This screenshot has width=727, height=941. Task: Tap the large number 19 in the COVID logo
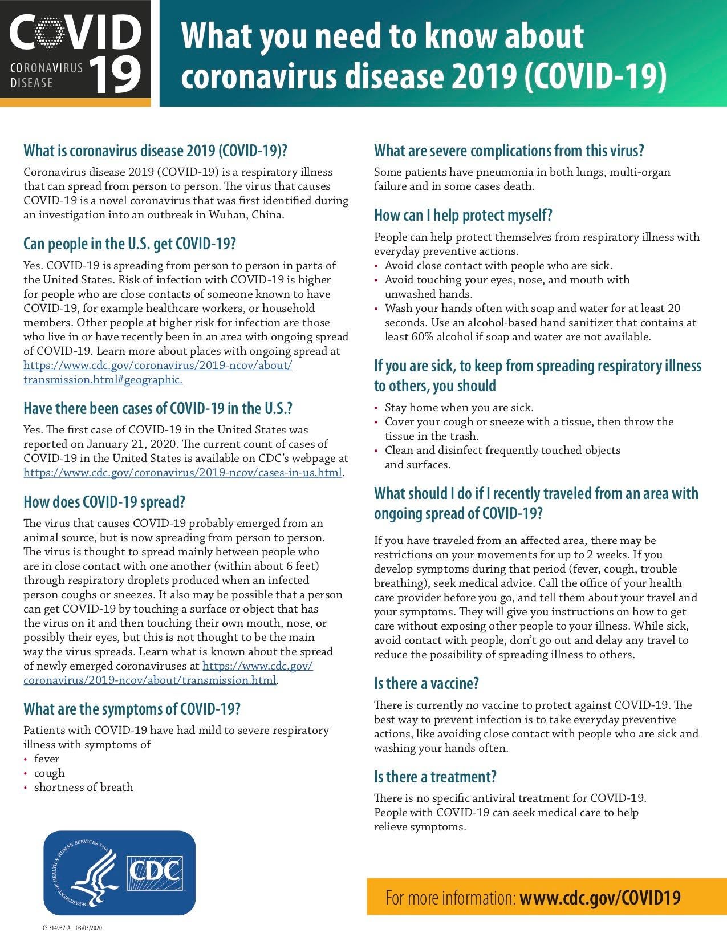pyautogui.click(x=115, y=75)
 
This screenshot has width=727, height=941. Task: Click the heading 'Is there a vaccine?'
pyautogui.click(x=426, y=683)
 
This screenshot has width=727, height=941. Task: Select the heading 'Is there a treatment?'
pyautogui.click(x=435, y=777)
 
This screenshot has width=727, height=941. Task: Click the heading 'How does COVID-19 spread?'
pyautogui.click(x=104, y=502)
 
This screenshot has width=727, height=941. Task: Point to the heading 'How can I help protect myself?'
pyautogui.click(x=463, y=216)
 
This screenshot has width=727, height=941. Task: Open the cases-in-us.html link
pyautogui.click(x=182, y=473)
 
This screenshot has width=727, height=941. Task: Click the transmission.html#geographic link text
pyautogui.click(x=103, y=380)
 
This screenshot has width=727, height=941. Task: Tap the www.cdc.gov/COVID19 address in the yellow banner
pyautogui.click(x=600, y=898)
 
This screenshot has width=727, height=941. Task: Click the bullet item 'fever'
pyautogui.click(x=47, y=759)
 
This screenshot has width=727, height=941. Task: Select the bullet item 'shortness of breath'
pyautogui.click(x=83, y=788)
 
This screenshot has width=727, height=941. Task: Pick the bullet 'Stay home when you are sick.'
pyautogui.click(x=459, y=408)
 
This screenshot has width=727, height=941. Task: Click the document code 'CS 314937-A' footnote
pyautogui.click(x=56, y=928)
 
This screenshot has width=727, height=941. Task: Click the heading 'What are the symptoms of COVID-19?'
pyautogui.click(x=132, y=709)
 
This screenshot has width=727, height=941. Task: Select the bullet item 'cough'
pyautogui.click(x=50, y=773)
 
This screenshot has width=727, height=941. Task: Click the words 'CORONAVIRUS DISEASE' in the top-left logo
pyautogui.click(x=46, y=75)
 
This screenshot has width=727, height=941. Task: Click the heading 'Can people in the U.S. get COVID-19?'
pyautogui.click(x=129, y=244)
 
